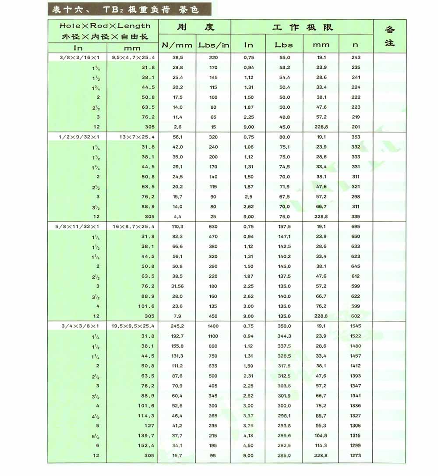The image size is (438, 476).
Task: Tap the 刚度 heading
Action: coord(195,27)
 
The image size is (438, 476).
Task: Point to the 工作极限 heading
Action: coord(302,27)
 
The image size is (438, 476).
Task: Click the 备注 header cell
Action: coord(389,36)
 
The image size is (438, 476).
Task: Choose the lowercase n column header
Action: coord(355,45)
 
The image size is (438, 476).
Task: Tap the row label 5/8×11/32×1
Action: coord(77,226)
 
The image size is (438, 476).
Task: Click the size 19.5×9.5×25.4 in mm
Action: coord(133,326)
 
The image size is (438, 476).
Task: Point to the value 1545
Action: coord(356,326)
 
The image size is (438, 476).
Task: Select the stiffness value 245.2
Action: coord(177,326)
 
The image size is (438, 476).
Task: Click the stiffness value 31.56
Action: coord(177,286)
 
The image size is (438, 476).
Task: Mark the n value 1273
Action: coord(356,455)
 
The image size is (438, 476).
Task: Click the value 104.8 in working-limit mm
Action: coord(321,435)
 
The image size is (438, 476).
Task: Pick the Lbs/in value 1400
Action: coord(213,326)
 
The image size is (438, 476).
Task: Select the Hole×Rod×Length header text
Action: coord(105,26)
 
